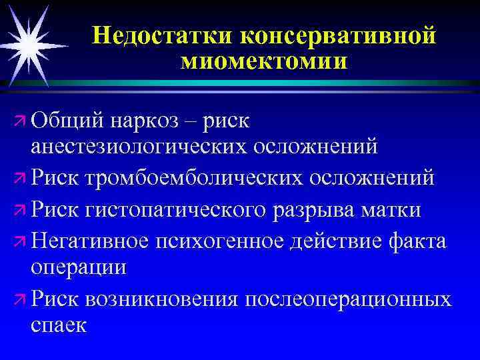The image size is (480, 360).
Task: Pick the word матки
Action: [392, 210]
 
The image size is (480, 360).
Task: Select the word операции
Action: [79, 267]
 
